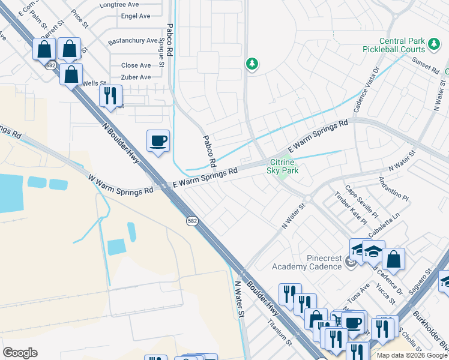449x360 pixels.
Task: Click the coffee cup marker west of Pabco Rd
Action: coord(158,141)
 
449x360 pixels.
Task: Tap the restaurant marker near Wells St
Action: coord(110,96)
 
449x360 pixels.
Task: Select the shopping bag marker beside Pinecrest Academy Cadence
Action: coord(393,259)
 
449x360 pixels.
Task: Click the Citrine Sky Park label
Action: coord(282,166)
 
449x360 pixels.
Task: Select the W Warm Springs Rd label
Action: coord(120,185)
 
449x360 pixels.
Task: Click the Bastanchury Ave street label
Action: coord(132,42)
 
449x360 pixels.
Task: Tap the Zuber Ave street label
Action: coord(136,77)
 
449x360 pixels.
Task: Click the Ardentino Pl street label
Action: coord(394,188)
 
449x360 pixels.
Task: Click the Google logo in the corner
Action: coord(20,353)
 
